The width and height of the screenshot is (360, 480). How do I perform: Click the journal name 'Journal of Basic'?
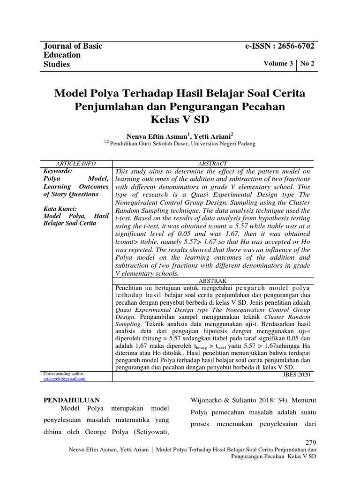pos(73,46)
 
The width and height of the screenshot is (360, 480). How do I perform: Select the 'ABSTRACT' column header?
pos(213,163)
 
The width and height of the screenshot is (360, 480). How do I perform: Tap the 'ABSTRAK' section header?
pos(213,280)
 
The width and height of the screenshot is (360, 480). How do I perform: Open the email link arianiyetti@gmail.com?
pos(64,378)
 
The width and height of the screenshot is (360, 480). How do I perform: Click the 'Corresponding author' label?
pos(64,373)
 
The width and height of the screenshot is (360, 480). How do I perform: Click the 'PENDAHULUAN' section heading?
pos(72,400)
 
